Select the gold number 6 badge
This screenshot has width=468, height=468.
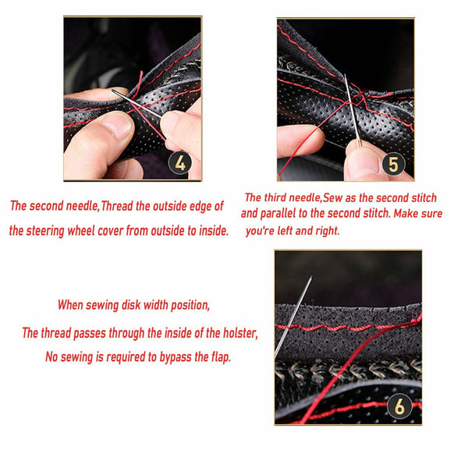[399, 406]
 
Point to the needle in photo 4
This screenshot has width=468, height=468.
[140, 107]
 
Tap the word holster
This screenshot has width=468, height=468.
[231, 333]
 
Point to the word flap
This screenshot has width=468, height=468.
[218, 357]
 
